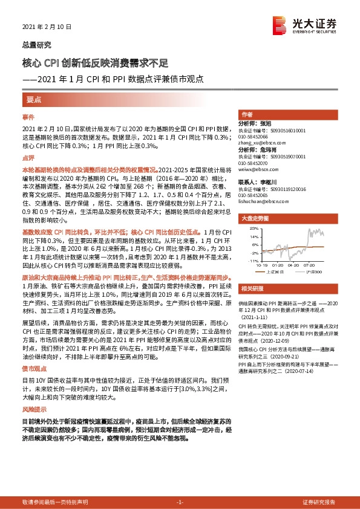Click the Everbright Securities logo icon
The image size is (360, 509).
pos(280,24)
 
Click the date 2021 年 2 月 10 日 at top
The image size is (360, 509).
pos(47,27)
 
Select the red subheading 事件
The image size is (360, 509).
pos(28,115)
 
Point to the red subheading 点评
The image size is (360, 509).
pos(28,158)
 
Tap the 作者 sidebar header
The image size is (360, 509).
pos(246,114)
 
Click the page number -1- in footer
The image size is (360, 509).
pos(179,502)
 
